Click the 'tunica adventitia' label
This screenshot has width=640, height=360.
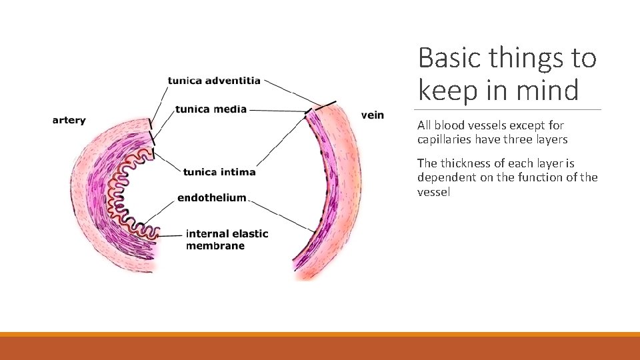[x=214, y=81]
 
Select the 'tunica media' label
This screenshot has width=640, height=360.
[x=211, y=109]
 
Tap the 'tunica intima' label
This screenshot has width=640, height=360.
[x=219, y=172]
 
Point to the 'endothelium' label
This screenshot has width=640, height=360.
[x=212, y=198]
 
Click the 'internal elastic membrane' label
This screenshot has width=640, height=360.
[x=227, y=239]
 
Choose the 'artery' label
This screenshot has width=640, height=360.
[x=69, y=121]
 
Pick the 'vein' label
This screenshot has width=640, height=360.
[x=373, y=115]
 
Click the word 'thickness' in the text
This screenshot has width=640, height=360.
[x=467, y=163]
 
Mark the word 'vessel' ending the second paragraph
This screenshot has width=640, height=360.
[x=434, y=192]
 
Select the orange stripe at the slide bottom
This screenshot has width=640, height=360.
[x=320, y=334]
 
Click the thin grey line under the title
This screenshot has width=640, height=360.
[x=507, y=109]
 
